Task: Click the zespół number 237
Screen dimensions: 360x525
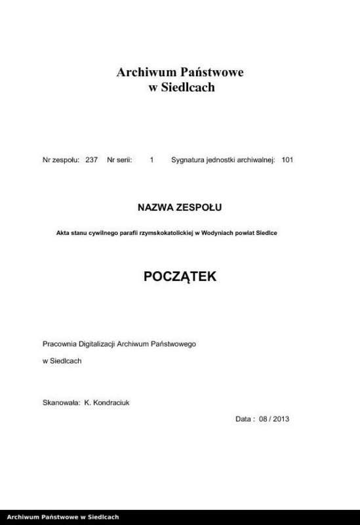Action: [x=91, y=160]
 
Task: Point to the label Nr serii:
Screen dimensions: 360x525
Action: [x=120, y=160]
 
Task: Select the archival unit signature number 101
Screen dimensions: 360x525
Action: [x=287, y=160]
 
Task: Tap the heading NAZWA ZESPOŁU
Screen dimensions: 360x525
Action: [x=180, y=207]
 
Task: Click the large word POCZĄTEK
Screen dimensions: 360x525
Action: [x=179, y=278]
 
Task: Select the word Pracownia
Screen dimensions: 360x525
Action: [x=60, y=343]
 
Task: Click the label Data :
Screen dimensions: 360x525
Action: [x=245, y=418]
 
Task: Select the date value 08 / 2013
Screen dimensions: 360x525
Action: [x=275, y=418]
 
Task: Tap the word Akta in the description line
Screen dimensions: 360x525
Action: [x=64, y=233]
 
